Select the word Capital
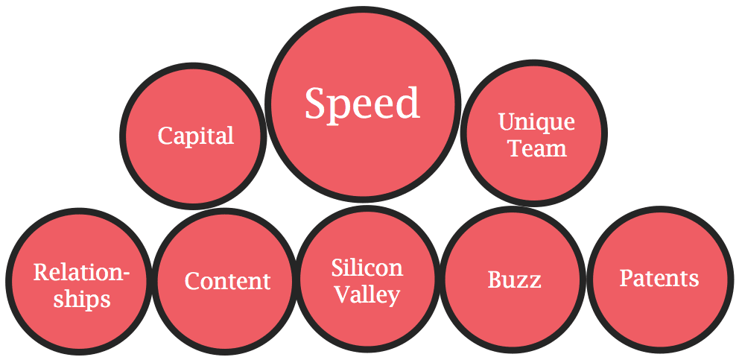tap(196, 136)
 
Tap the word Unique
tap(536, 121)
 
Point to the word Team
tap(537, 148)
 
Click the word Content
tap(227, 281)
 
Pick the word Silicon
tap(367, 268)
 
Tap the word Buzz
tap(514, 280)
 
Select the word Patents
tap(659, 278)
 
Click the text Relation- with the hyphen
tap(81, 272)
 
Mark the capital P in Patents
tap(626, 278)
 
